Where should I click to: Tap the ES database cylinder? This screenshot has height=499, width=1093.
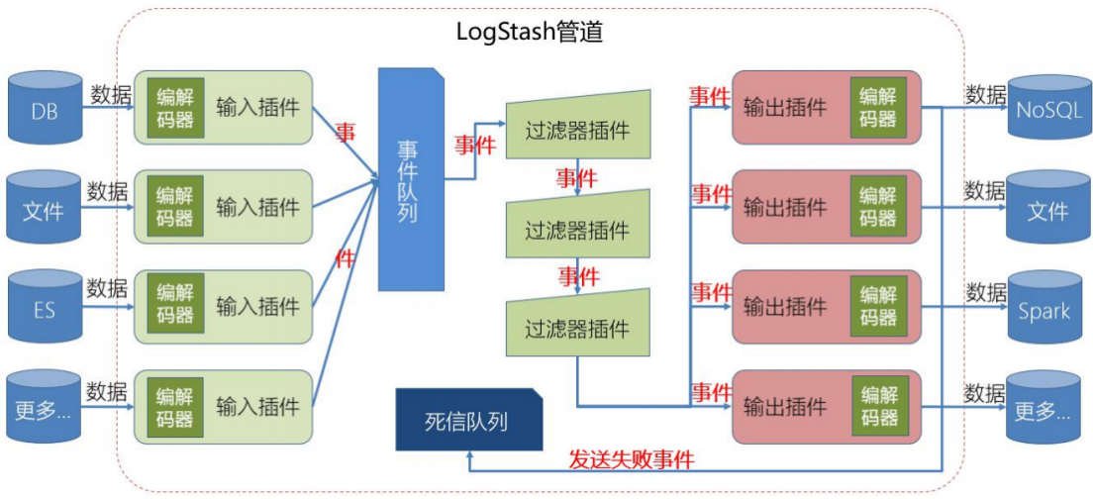[45, 306]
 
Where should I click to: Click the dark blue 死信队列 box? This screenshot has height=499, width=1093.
[469, 421]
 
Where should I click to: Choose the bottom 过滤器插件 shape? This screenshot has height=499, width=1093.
[577, 326]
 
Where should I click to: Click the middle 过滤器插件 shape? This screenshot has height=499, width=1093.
[577, 229]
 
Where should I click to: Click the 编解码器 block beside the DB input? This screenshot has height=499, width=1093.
[175, 107]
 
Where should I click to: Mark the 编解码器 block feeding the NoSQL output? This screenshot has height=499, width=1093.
[878, 107]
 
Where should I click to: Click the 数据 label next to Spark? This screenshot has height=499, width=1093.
[985, 293]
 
